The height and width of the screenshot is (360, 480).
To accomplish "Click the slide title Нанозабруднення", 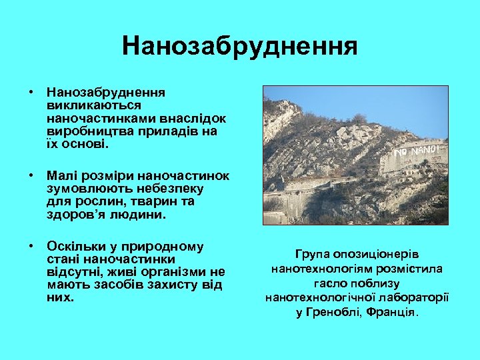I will (239, 47).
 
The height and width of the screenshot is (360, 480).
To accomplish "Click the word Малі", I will (62, 175).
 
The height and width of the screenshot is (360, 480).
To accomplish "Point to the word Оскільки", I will (75, 246).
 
